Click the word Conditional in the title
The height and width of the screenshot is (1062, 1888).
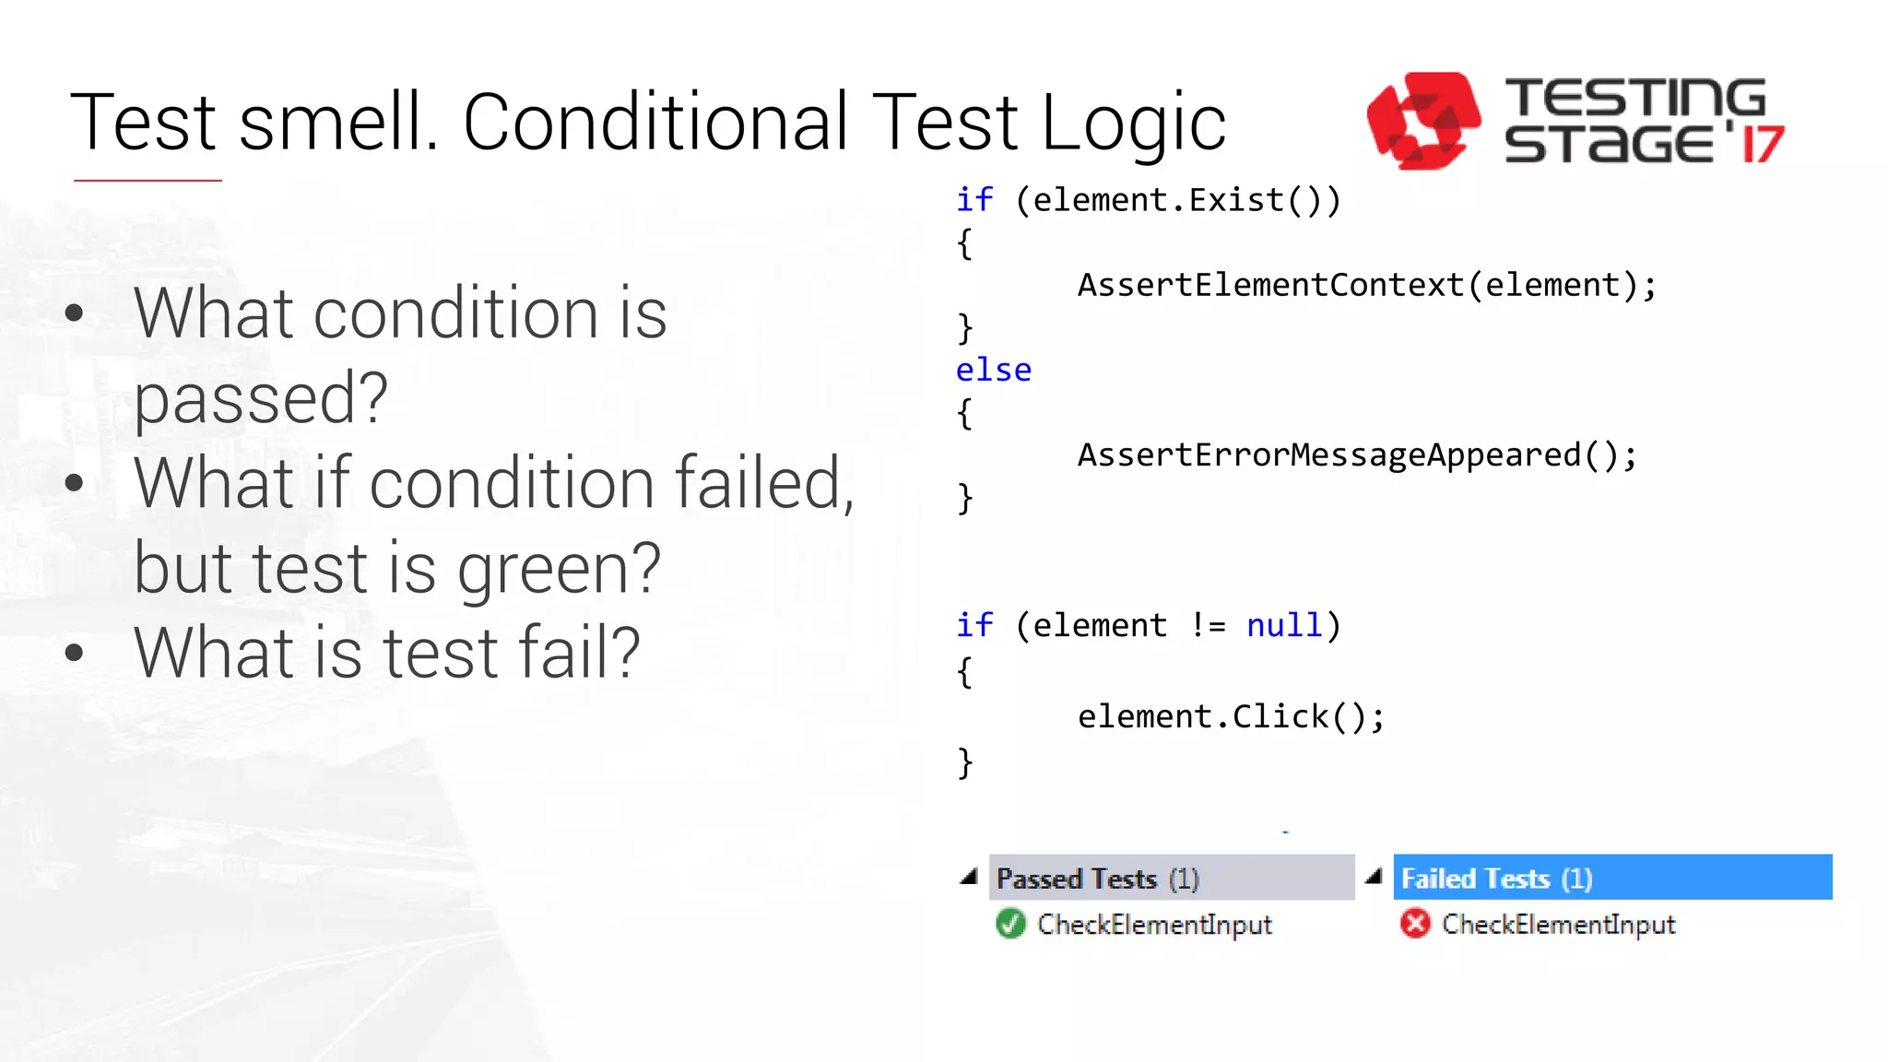(x=655, y=123)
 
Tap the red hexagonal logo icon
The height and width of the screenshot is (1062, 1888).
(x=1422, y=121)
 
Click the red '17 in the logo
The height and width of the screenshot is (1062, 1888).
(x=1761, y=145)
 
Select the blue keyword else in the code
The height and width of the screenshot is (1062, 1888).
(x=993, y=371)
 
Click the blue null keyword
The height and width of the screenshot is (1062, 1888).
(x=1284, y=626)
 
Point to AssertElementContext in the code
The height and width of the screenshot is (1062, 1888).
(x=1270, y=286)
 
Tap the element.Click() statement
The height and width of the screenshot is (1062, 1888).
(x=1230, y=717)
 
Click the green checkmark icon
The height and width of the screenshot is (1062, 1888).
(x=1010, y=924)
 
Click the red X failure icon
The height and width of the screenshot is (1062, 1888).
(x=1414, y=924)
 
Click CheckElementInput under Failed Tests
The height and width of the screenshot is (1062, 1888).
(x=1558, y=925)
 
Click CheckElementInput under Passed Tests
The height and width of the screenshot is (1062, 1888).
(x=1154, y=925)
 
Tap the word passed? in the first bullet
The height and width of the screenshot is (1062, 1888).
(x=261, y=398)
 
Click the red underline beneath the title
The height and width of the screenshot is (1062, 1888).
(x=147, y=181)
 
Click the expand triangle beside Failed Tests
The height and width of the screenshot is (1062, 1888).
(x=1374, y=877)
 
